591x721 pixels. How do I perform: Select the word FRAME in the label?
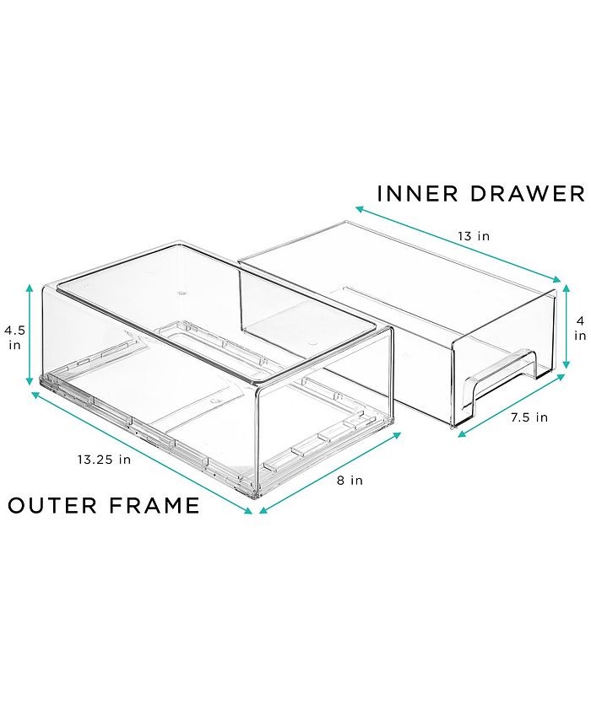click(155, 506)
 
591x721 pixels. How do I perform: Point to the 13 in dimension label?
click(474, 237)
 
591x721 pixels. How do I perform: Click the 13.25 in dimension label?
click(104, 460)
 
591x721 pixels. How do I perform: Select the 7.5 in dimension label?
click(529, 417)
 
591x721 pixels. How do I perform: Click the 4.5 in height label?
click(15, 337)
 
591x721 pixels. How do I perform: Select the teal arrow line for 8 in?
click(330, 473)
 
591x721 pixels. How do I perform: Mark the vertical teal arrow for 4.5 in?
click(30, 334)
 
